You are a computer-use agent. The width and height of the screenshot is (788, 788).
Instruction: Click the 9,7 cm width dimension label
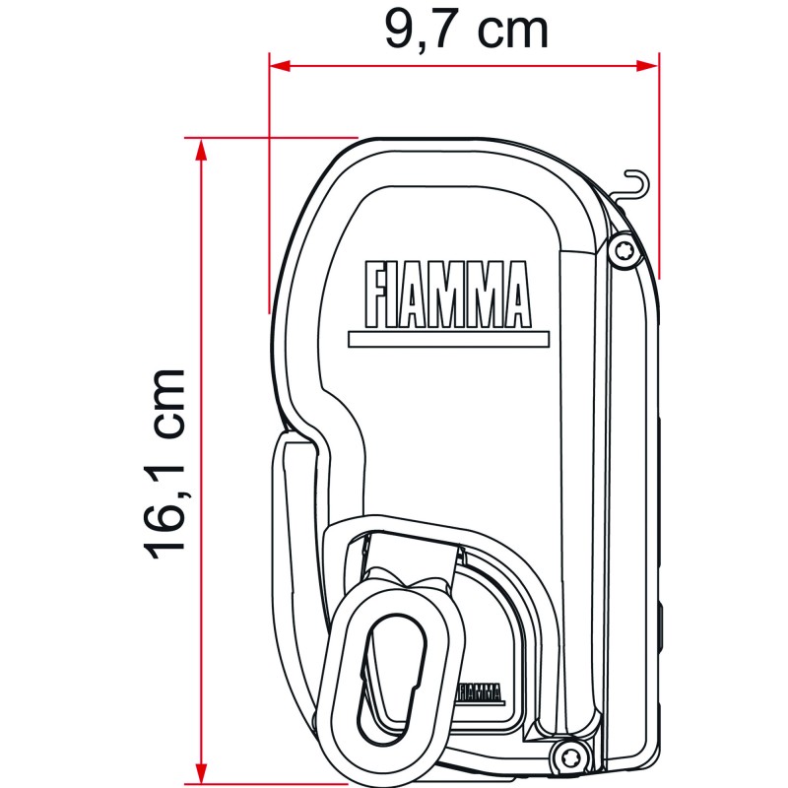[465, 30]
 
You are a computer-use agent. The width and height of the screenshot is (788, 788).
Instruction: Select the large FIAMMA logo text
[447, 295]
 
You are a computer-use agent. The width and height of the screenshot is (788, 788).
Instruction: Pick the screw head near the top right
[623, 250]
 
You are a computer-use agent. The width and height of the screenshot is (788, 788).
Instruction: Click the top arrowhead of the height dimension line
[201, 149]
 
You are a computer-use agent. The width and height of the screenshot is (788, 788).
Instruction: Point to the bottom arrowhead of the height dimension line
[201, 763]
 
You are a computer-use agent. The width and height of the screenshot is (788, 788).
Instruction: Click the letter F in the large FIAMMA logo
[375, 295]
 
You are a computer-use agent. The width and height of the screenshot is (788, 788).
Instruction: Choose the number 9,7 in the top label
[415, 30]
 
